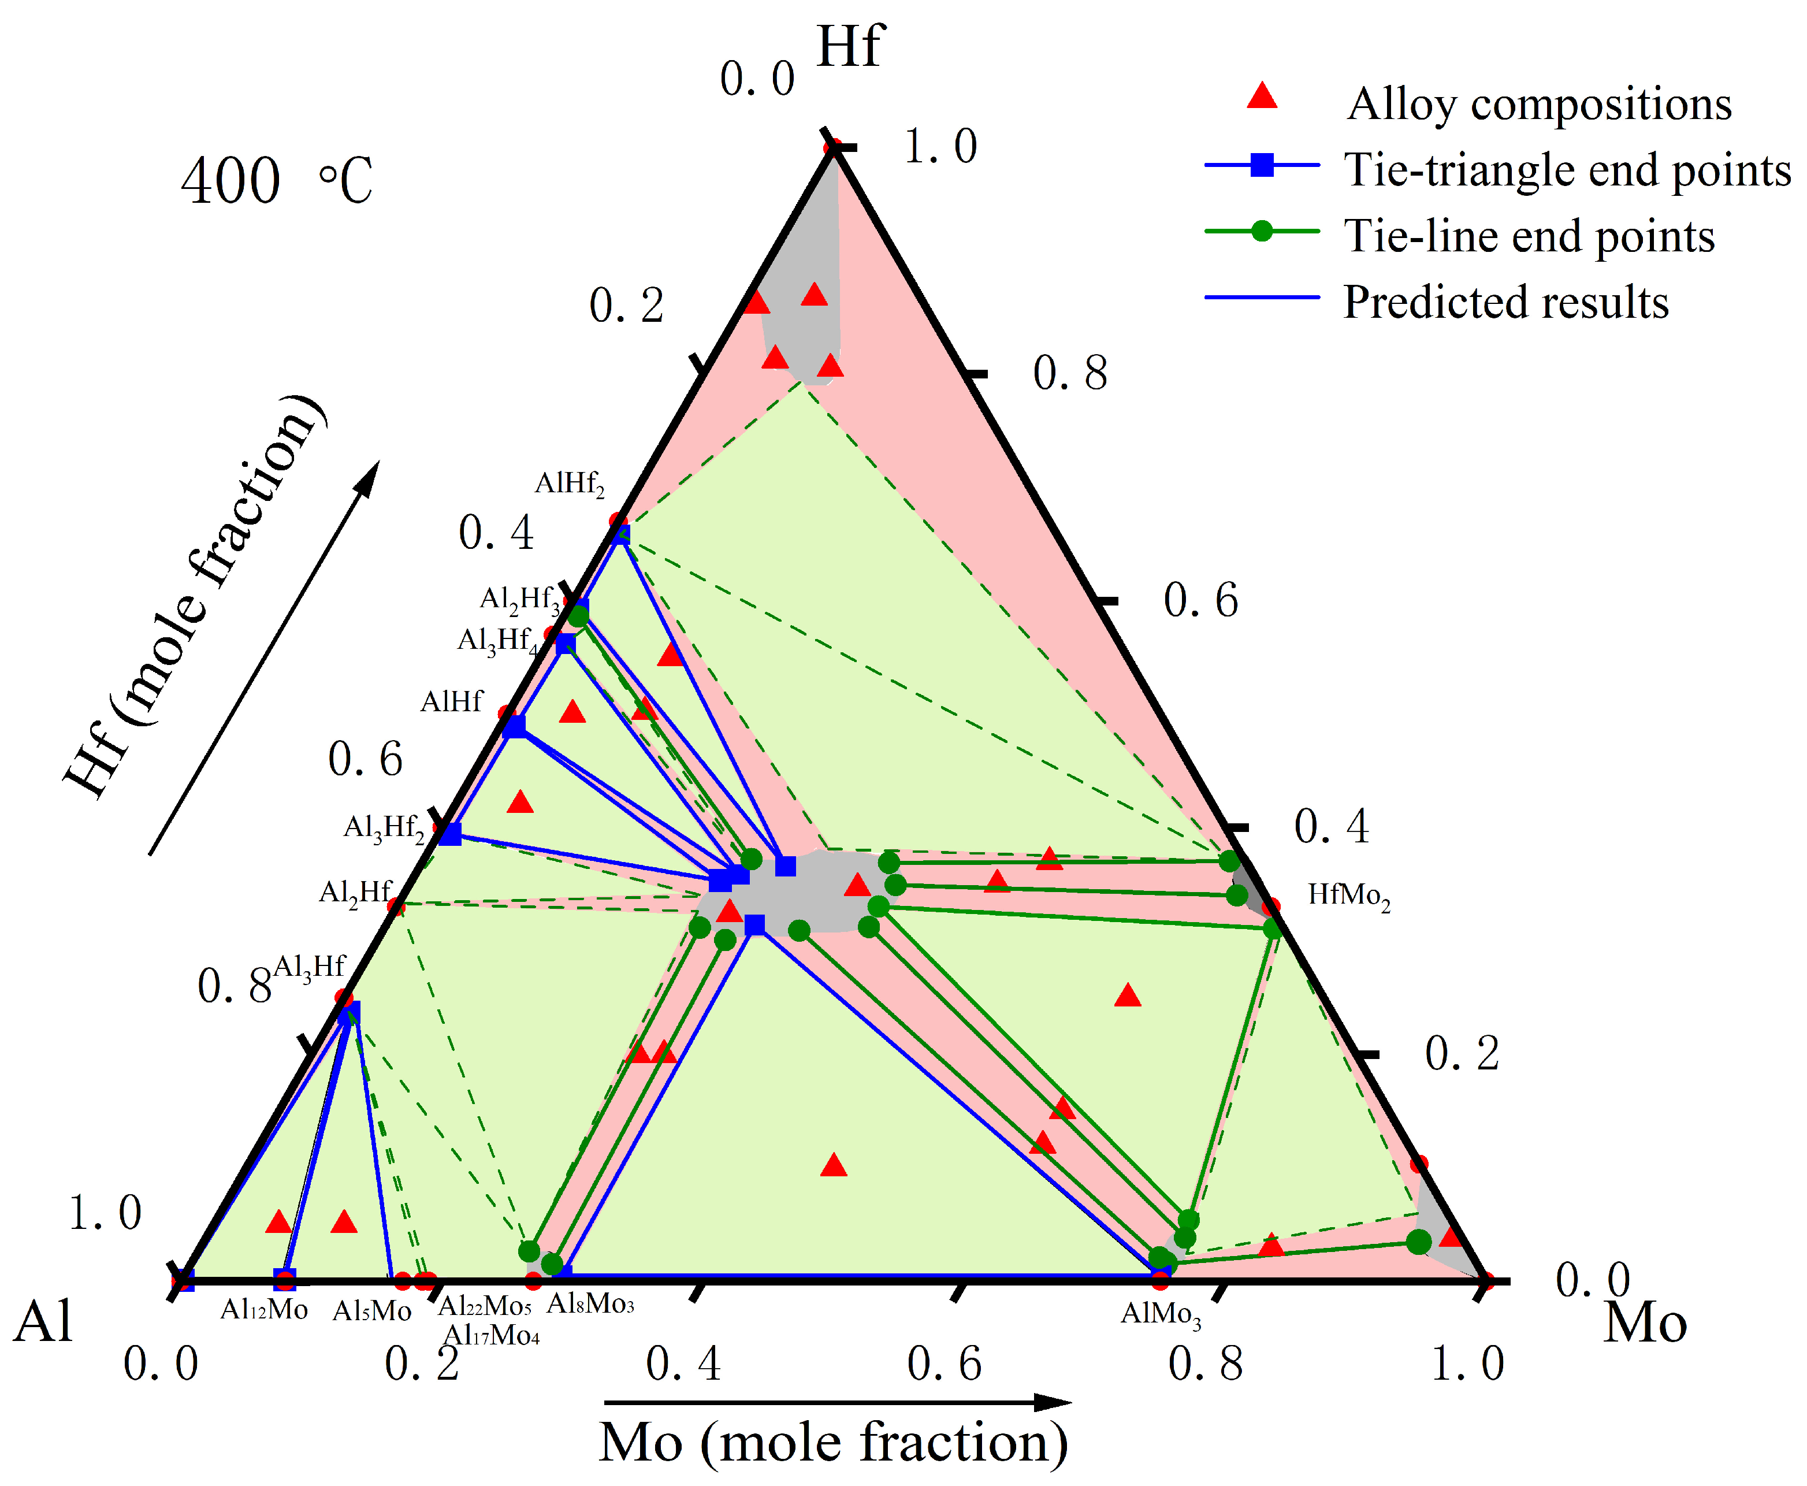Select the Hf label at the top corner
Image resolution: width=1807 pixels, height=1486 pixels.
[849, 46]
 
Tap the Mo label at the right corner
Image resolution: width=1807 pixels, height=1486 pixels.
[1644, 1322]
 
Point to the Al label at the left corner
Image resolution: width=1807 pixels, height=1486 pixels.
[43, 1321]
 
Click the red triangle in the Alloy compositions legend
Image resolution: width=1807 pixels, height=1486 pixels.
[1261, 96]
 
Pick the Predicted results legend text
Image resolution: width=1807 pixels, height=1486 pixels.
[1505, 302]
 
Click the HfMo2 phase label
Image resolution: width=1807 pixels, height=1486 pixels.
[1348, 896]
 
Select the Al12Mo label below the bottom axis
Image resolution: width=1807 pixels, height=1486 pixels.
[263, 1309]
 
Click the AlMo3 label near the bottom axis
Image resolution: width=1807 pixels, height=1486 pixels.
[1160, 1314]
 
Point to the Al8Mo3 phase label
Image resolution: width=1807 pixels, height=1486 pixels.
[590, 1303]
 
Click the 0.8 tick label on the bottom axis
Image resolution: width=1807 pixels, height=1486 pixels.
[1204, 1363]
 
